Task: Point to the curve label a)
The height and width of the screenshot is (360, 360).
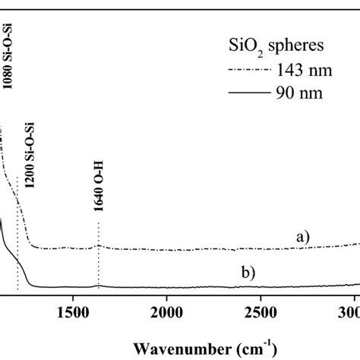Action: pos(304,237)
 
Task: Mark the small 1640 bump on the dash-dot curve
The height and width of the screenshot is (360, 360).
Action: pos(99,246)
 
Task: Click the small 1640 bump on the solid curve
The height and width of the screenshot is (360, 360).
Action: pos(99,285)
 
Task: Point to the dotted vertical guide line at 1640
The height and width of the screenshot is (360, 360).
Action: pos(99,262)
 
